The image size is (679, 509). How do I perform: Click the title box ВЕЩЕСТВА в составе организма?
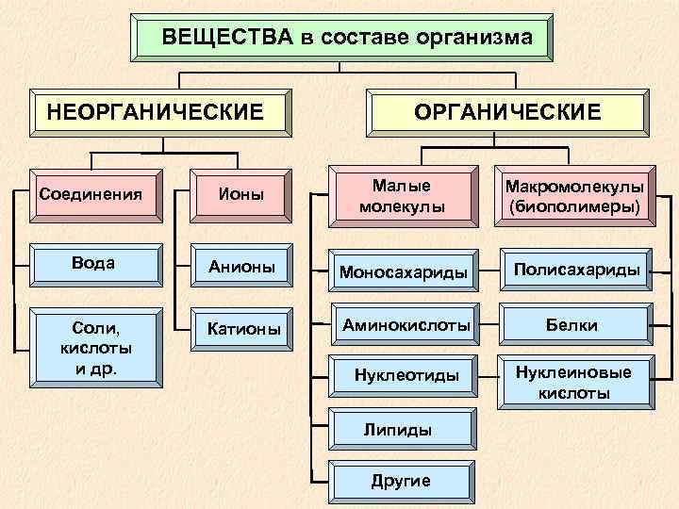click(x=340, y=38)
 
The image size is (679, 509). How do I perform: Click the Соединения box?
click(x=93, y=195)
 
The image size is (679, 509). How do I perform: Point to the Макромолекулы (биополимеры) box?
click(x=576, y=196)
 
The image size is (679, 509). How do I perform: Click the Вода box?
click(x=93, y=264)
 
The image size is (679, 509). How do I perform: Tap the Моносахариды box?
click(x=402, y=271)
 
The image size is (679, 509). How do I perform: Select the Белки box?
click(x=576, y=324)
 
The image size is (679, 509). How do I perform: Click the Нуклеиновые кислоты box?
click(x=576, y=381)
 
